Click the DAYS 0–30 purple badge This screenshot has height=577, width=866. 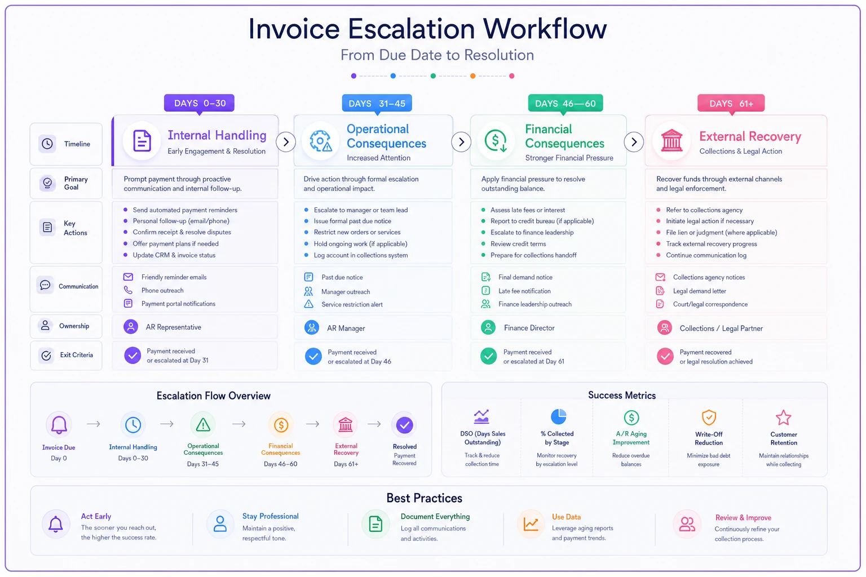point(199,103)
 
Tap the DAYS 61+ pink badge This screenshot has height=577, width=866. point(731,103)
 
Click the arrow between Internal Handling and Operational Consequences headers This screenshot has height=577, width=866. point(286,142)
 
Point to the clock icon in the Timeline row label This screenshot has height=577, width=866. point(47,144)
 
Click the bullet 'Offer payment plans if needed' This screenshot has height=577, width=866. point(175,243)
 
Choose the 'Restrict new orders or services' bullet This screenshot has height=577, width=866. point(357,232)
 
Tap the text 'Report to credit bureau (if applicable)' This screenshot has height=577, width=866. point(542,221)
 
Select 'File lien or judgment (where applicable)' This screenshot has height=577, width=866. point(722,232)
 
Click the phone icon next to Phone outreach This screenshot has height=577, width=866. point(128,290)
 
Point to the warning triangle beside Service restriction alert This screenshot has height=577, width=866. point(308,304)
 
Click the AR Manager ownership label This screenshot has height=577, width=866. point(346,328)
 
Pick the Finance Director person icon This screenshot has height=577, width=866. point(488,327)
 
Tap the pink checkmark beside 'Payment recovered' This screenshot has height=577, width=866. point(665,356)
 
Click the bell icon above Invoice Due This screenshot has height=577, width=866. point(59,425)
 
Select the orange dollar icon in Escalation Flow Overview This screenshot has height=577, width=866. point(281,425)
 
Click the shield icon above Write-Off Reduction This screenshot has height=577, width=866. point(709,418)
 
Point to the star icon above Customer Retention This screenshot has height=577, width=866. point(783,418)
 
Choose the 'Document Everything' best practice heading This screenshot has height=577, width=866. point(435,516)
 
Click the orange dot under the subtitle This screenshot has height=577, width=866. point(472,76)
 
